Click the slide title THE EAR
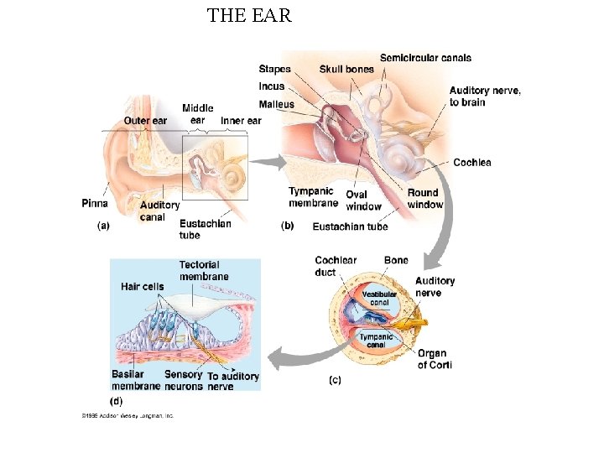(249, 15)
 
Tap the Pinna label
(95, 203)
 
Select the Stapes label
(275, 69)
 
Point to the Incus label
(272, 86)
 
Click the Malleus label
(277, 104)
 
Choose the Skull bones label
(346, 69)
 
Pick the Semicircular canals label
(425, 58)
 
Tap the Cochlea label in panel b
(471, 162)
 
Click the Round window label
(424, 199)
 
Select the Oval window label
(363, 200)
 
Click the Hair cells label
(143, 287)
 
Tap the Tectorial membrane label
(203, 271)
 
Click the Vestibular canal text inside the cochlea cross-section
(379, 298)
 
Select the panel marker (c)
(334, 380)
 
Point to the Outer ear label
(145, 121)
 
